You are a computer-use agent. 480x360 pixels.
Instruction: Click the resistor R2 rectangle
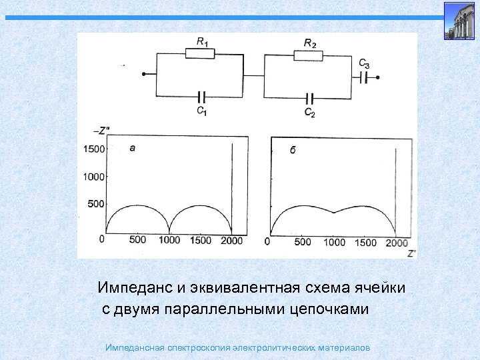click(309, 53)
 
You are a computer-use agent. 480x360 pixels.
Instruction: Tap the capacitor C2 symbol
click(309, 97)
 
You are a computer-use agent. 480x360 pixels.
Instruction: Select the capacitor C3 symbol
click(363, 78)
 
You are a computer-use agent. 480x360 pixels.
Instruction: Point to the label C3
click(363, 64)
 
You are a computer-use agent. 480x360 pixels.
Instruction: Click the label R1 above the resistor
click(202, 41)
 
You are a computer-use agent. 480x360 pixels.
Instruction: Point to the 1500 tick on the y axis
click(94, 149)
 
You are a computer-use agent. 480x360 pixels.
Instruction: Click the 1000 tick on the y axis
click(94, 177)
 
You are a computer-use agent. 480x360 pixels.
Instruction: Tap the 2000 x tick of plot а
click(232, 240)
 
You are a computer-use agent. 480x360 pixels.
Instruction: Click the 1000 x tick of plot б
click(335, 242)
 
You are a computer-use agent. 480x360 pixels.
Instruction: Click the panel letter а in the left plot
click(132, 148)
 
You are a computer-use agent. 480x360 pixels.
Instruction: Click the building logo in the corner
click(459, 21)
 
